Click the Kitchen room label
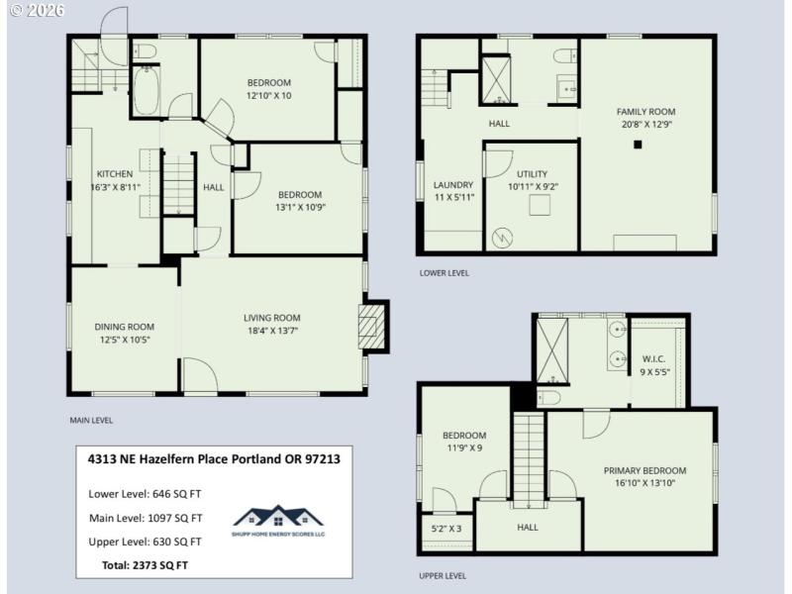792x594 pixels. coord(114,174)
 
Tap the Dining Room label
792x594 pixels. coord(124,327)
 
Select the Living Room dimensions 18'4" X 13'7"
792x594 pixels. coord(272,331)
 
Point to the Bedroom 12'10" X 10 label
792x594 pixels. coord(268,82)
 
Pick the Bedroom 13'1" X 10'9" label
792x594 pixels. coord(299,195)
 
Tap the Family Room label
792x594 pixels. coord(645,112)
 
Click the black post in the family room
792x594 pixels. coord(639,145)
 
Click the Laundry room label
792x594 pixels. coord(453,185)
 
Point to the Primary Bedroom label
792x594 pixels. coord(643,471)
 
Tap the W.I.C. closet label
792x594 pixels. coord(653,358)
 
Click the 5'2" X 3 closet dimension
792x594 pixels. coord(446,530)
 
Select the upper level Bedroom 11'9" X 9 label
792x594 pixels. coord(463,436)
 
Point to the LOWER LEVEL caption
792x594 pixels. coord(444,273)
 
